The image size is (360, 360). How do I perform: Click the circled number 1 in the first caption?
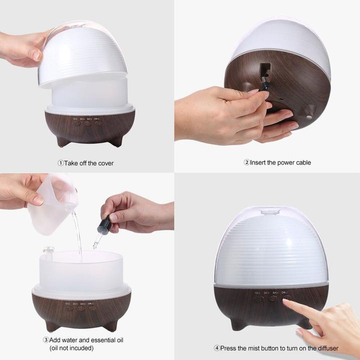click(x=60, y=162)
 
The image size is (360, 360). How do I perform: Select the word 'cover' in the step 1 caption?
click(x=104, y=162)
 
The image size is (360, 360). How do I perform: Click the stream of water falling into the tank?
click(x=78, y=235)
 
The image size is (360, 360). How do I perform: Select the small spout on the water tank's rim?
click(x=48, y=249)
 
